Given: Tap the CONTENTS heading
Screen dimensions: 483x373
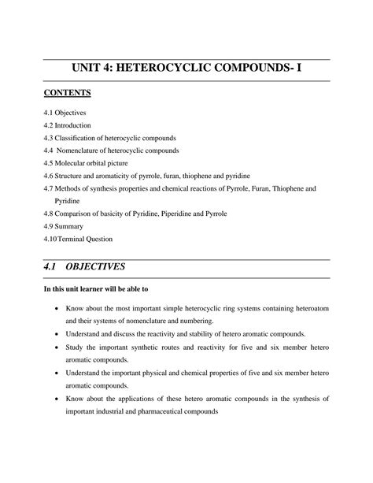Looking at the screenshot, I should coord(68,95).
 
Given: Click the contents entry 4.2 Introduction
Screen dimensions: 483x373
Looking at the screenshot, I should coord(68,126).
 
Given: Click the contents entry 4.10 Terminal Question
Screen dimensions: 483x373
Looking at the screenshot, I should coord(78,238).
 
